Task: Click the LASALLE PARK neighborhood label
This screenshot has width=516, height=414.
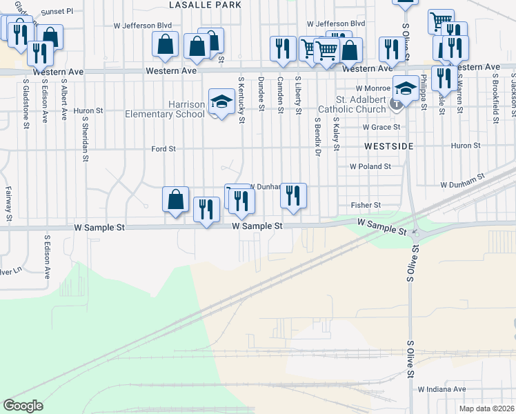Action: [205, 5]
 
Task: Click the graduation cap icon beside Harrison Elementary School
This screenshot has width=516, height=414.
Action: [221, 101]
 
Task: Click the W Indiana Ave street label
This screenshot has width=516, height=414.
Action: [441, 389]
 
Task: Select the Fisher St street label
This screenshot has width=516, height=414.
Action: [366, 205]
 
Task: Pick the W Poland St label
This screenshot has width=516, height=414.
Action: [370, 166]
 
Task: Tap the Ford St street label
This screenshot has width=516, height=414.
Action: [163, 148]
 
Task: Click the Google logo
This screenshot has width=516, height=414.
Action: [23, 405]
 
